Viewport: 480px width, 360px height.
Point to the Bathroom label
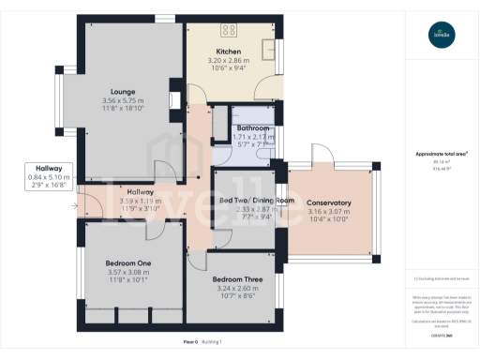[253, 127]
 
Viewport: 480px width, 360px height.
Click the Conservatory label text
[328, 202]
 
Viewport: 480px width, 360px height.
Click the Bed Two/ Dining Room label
[257, 201]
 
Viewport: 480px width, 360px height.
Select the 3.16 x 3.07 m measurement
[328, 212]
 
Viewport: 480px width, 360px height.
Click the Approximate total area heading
[439, 154]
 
